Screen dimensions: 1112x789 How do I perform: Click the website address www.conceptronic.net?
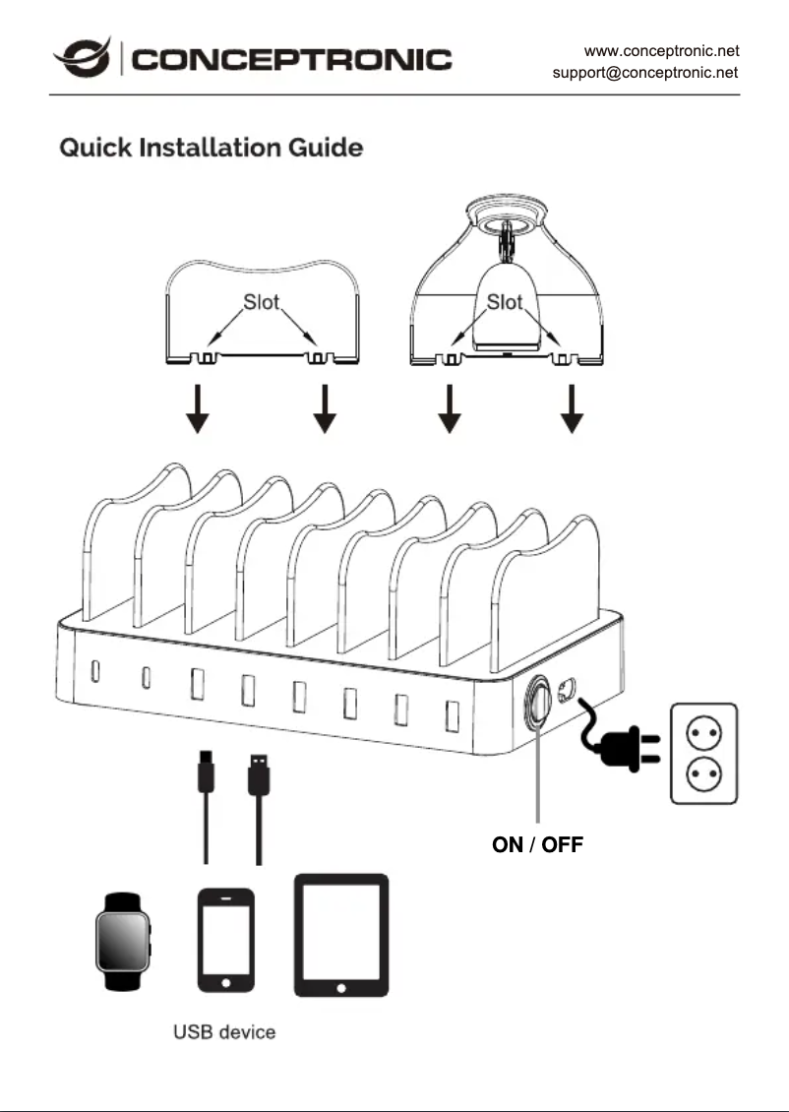point(661,49)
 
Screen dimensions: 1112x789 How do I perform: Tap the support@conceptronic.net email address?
point(645,72)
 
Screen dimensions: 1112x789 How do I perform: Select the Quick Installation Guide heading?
point(212,149)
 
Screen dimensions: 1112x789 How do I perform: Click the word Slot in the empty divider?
point(261,302)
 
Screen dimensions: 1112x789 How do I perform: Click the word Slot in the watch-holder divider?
point(505,302)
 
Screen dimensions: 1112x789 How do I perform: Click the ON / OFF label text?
point(537,845)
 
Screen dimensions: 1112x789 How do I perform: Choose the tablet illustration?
point(341,936)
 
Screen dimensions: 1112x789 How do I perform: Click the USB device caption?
point(224,1032)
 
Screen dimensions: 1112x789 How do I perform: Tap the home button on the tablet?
point(341,986)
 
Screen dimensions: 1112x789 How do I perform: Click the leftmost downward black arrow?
point(198,410)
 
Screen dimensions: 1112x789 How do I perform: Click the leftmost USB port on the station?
point(95,671)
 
